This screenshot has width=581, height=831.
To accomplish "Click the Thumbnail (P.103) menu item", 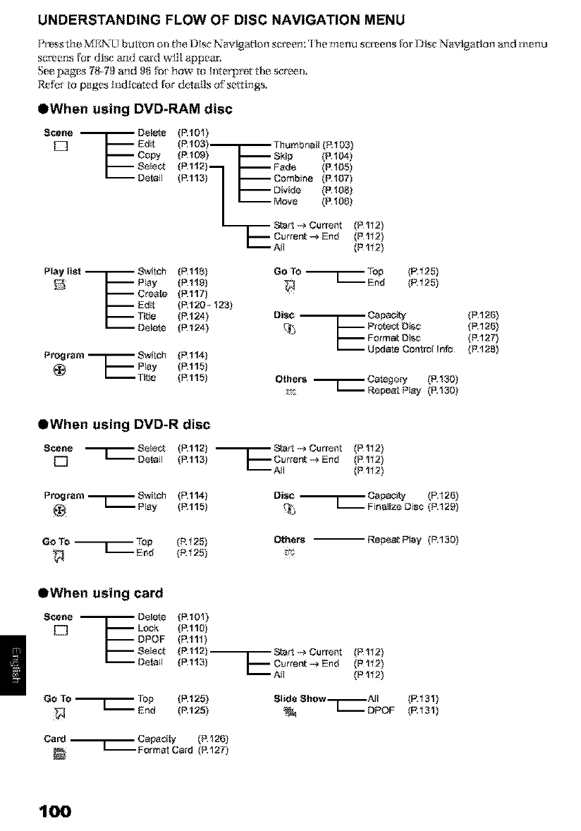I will tap(305, 144).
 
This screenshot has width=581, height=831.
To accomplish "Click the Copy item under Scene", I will tap(149, 154).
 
